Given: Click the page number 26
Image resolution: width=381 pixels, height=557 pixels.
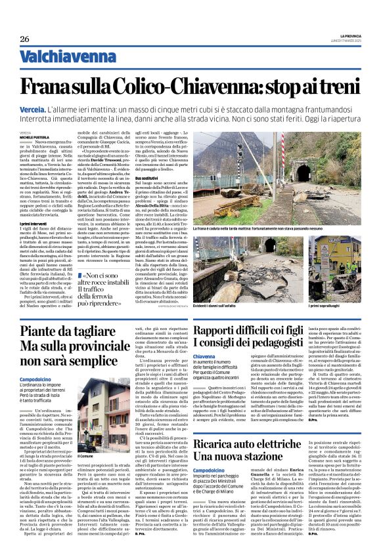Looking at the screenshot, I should [x=24, y=39].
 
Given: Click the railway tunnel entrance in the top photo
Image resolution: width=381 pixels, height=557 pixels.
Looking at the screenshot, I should [x=303, y=175].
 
